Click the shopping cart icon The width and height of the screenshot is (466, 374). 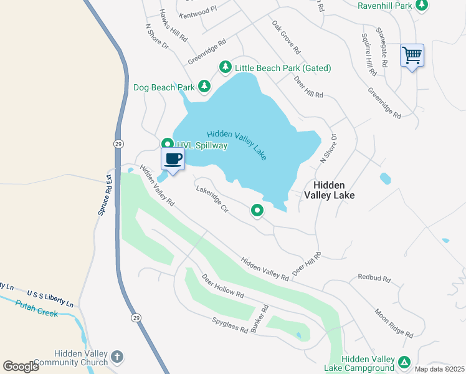pyautogui.click(x=412, y=55)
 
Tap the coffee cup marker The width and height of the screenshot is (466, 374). pyautogui.click(x=173, y=158)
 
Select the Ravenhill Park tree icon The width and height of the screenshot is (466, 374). pyautogui.click(x=422, y=6)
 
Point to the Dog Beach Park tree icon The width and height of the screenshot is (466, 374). pyautogui.click(x=204, y=87)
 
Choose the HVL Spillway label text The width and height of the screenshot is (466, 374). pyautogui.click(x=202, y=145)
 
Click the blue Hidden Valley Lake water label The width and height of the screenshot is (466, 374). pyautogui.click(x=237, y=145)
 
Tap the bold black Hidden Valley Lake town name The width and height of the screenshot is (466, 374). pyautogui.click(x=329, y=190)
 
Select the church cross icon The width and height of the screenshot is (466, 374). pyautogui.click(x=117, y=357)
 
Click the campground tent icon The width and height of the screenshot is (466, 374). pyautogui.click(x=404, y=362)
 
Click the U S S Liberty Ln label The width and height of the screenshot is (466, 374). pyautogui.click(x=50, y=297)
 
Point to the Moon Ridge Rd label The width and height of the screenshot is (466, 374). pyautogui.click(x=393, y=322)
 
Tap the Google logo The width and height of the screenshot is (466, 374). pyautogui.click(x=21, y=366)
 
